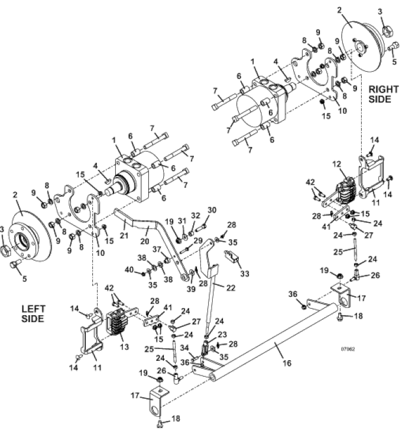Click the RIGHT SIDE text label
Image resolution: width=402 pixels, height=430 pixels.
pos(384,94)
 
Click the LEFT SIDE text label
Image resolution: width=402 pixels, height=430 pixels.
pos(33,314)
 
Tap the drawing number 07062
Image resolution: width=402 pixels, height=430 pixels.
pos(348,349)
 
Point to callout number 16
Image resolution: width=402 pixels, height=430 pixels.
pos(287,363)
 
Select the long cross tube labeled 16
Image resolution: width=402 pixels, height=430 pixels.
pos(274,343)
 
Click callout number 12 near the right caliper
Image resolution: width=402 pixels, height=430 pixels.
pos(337,164)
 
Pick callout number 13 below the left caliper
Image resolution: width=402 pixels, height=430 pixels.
pos(124,346)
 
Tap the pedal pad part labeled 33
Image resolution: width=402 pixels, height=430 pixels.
pos(232,256)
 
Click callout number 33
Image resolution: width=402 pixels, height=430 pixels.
pos(245,274)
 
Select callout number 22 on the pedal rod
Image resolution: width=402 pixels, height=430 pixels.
pos(231,288)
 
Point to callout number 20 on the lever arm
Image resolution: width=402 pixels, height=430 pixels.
pos(144,241)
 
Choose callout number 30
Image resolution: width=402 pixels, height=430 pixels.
pos(212,210)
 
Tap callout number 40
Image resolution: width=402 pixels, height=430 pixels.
pos(129,270)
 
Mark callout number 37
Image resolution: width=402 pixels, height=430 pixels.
pos(157,249)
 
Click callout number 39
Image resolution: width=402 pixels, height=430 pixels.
pos(191,289)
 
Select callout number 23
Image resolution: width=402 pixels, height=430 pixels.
pos(222,334)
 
